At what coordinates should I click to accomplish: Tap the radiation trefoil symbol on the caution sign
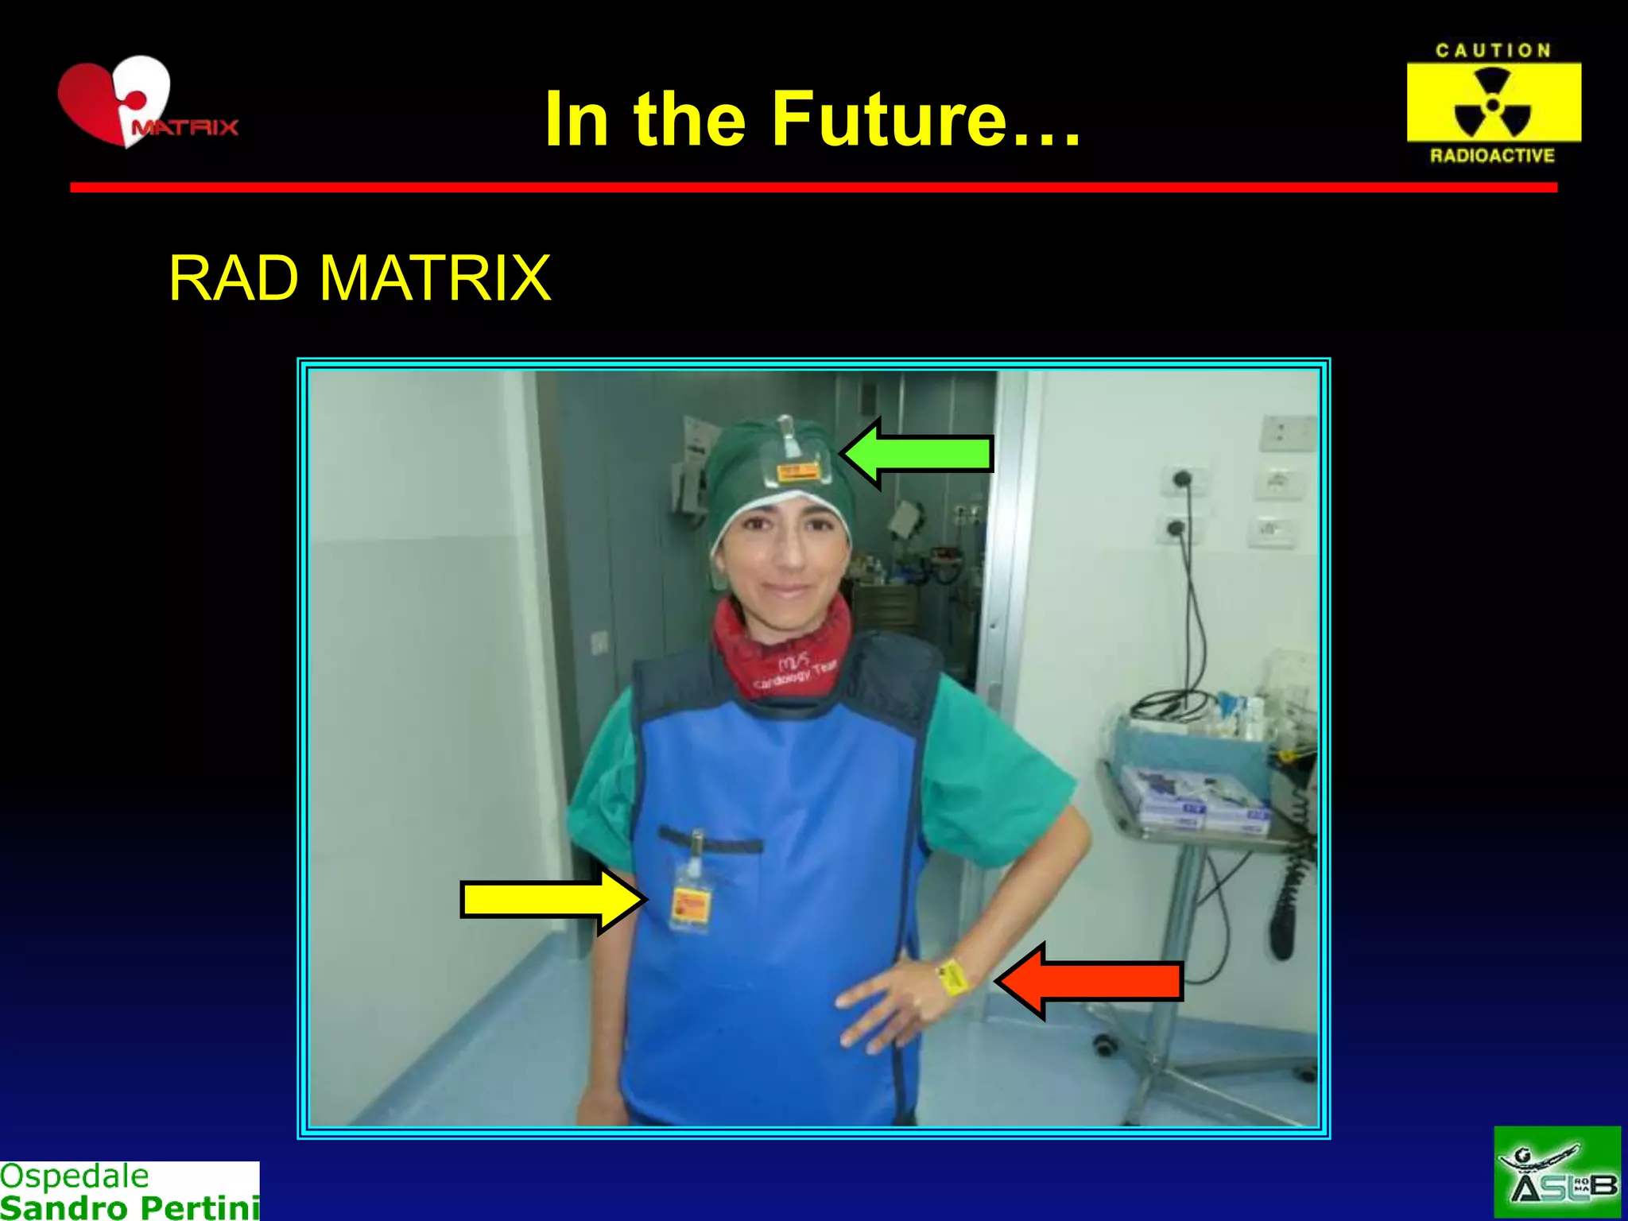pyautogui.click(x=1492, y=103)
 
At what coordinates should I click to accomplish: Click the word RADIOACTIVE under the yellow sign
pyautogui.click(x=1492, y=156)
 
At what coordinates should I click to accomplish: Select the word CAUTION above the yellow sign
pyautogui.click(x=1493, y=51)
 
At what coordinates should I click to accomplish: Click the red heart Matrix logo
pyautogui.click(x=119, y=102)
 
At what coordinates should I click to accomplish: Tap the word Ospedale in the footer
pyautogui.click(x=75, y=1176)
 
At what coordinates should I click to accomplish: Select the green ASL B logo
pyautogui.click(x=1556, y=1173)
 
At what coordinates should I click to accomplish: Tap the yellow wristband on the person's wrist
pyautogui.click(x=954, y=977)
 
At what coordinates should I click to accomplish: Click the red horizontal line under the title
pyautogui.click(x=813, y=188)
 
